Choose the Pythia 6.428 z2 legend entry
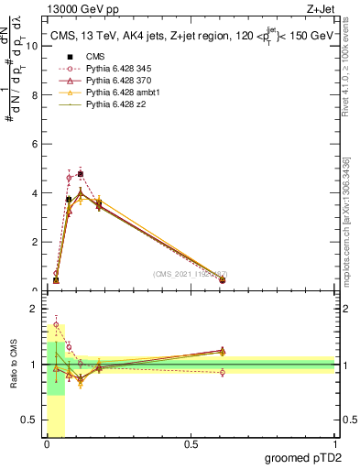tap(102, 107)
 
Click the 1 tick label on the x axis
tap(335, 444)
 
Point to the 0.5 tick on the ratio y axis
tap(29, 421)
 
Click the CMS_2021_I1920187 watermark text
tap(190, 274)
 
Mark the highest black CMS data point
tap(81, 173)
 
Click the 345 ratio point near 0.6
tap(223, 372)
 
